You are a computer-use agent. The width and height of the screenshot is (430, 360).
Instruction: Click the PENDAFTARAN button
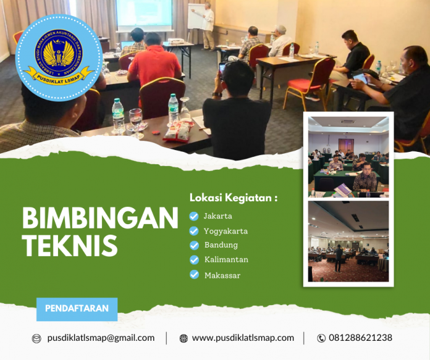point(77,308)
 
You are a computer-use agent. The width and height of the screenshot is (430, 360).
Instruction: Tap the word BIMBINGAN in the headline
point(100,219)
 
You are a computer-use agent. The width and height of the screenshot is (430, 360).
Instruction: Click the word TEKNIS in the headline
point(69,245)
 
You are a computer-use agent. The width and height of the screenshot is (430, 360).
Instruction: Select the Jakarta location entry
point(218,216)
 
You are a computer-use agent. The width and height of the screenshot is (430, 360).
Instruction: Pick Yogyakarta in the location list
point(226,231)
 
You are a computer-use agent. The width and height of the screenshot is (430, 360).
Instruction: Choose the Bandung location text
point(221,245)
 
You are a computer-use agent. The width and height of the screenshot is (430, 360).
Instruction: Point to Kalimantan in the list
point(226,260)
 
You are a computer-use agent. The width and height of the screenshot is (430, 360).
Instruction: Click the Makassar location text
point(222,275)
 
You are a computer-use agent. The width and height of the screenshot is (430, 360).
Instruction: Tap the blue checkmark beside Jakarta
point(194,216)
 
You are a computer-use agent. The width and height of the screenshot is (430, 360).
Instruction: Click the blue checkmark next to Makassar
point(194,275)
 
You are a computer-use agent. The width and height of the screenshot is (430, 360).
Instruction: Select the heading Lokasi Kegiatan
point(233,198)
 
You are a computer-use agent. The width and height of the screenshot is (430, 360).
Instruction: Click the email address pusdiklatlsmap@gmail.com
point(101,338)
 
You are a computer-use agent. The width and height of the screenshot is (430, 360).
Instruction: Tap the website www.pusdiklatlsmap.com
point(243,338)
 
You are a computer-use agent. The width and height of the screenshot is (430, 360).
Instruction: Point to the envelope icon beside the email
point(36,338)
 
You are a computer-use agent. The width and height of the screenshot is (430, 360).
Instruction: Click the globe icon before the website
point(183,338)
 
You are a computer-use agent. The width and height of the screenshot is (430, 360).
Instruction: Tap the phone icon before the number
point(321,338)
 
